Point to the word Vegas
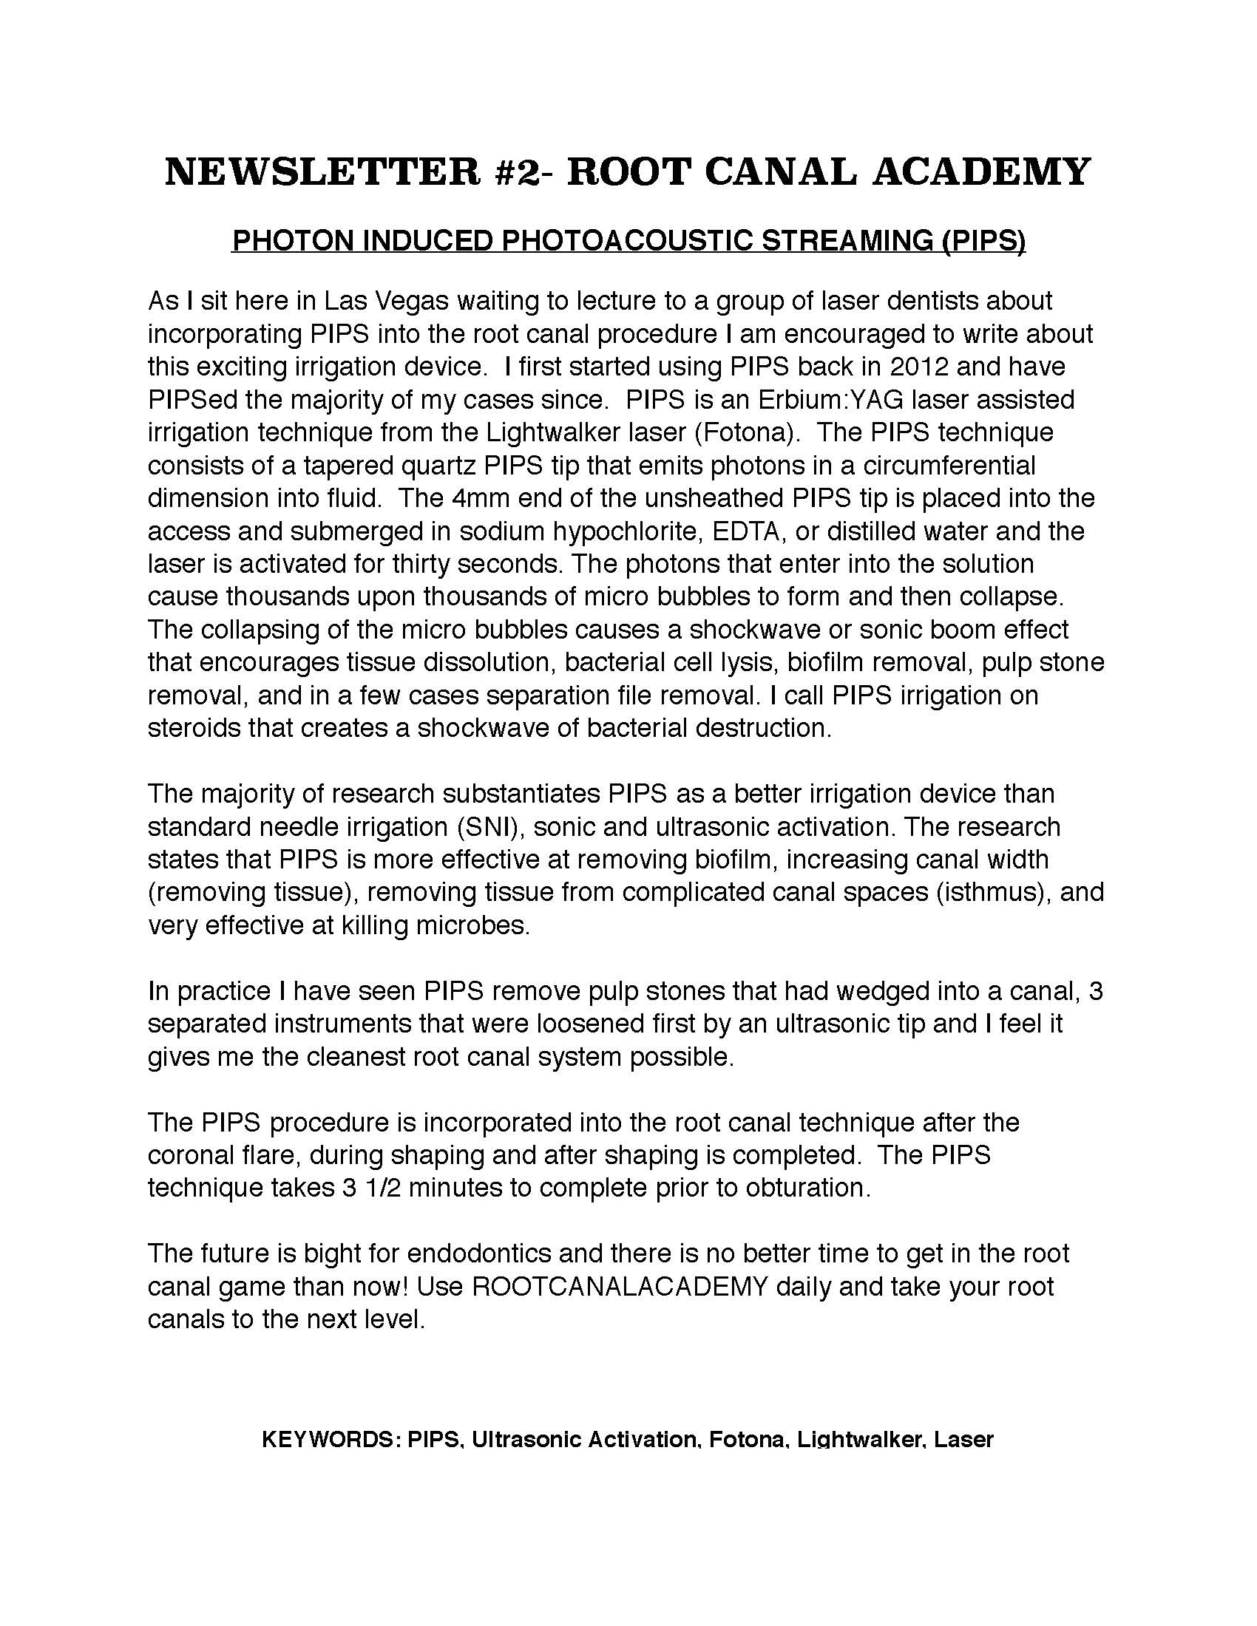(410, 301)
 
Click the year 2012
(920, 367)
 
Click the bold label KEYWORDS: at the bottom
(331, 1439)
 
